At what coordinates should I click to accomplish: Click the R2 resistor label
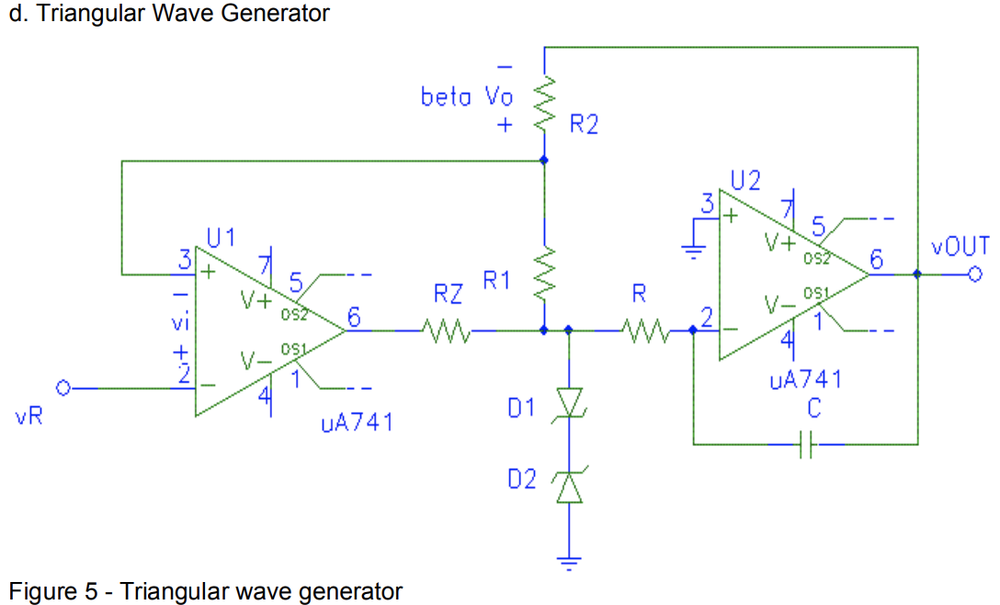[584, 124]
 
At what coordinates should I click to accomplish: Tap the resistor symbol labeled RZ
[448, 329]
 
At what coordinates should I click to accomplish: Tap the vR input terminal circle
[63, 389]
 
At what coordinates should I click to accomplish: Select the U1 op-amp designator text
[221, 239]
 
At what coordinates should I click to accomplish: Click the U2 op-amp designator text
[745, 180]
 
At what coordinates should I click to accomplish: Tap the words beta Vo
[467, 97]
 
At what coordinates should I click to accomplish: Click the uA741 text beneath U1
[357, 423]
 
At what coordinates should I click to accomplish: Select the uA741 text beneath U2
[806, 380]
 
